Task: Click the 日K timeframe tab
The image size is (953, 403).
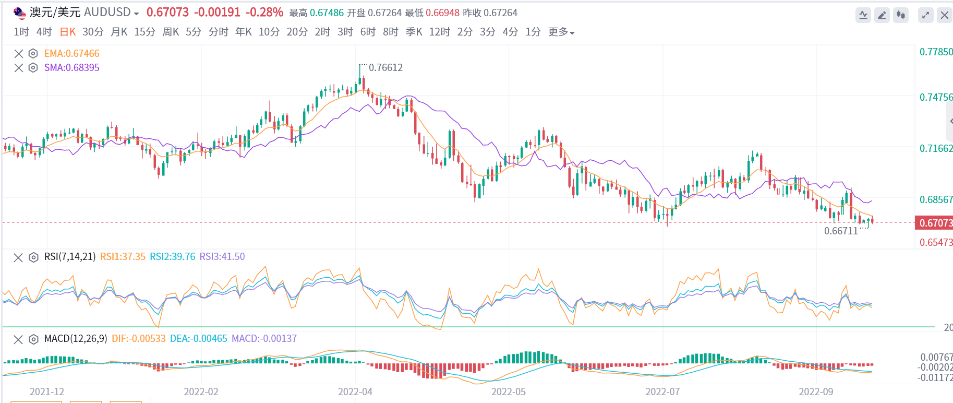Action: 68,32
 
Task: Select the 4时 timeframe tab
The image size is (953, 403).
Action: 44,32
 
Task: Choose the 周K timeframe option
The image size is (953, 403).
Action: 171,32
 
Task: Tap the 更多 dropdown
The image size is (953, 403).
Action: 561,32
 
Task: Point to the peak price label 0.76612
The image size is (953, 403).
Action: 385,67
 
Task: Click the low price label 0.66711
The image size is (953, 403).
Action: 841,231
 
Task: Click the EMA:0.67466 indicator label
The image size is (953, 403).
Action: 71,53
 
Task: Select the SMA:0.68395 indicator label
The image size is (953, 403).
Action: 71,67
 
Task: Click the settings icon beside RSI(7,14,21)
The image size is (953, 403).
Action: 33,257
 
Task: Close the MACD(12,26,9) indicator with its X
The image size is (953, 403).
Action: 18,339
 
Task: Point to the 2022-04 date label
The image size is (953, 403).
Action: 355,392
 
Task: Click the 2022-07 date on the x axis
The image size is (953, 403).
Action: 662,392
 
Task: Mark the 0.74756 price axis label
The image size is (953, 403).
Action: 936,97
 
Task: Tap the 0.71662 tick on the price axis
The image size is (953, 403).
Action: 936,148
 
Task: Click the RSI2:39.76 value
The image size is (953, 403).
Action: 172,256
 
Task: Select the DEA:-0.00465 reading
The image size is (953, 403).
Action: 198,338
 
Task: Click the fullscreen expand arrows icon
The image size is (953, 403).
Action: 925,15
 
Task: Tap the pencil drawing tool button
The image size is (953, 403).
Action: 882,15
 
